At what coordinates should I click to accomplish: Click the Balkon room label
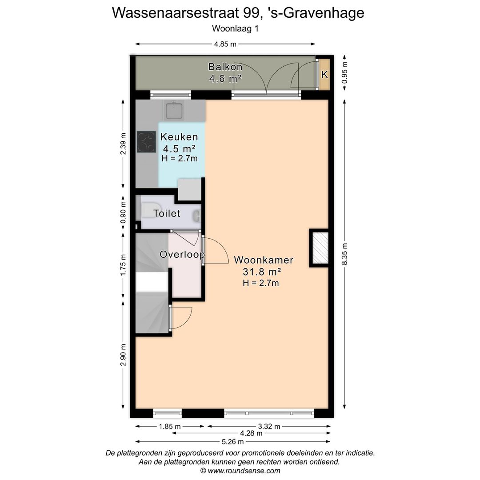coord(225,67)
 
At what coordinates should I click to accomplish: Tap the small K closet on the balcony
coord(325,74)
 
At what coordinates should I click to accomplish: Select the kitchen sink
coord(174,110)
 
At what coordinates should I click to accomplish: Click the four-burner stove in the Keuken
coord(147,142)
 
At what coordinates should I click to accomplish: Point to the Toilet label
coord(167,214)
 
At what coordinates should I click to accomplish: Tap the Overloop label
coord(182,255)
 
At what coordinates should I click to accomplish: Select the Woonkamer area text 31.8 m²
coord(264,272)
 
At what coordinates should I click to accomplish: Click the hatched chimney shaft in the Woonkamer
coord(319,248)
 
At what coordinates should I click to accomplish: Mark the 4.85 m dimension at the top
coord(225,44)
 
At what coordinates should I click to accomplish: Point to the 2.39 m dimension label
coord(123,144)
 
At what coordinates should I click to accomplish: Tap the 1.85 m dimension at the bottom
coord(170,427)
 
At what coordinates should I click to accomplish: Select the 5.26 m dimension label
coord(233,441)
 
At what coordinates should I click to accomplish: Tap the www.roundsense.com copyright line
coord(240,471)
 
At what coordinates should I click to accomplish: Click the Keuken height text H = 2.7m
coord(180,158)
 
